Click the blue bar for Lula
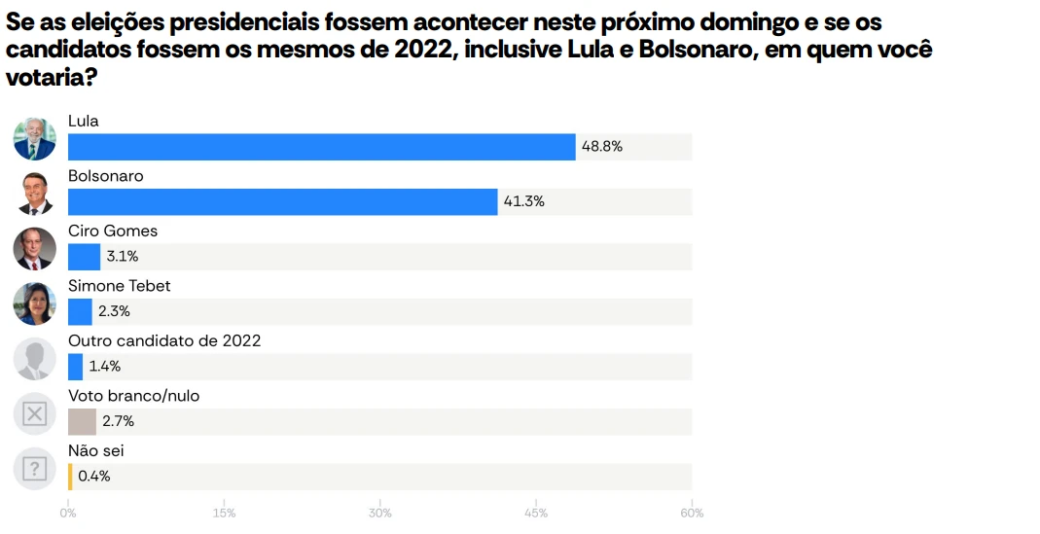(x=321, y=147)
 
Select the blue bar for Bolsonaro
(x=282, y=201)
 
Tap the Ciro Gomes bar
(x=84, y=257)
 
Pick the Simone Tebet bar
(x=80, y=311)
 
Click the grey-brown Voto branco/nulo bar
(x=82, y=421)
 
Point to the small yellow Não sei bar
(x=70, y=477)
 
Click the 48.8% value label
(x=601, y=147)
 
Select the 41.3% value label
(x=523, y=201)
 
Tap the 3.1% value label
(x=123, y=257)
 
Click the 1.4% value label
(x=104, y=367)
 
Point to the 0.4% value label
(x=94, y=477)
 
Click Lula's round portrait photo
(x=34, y=138)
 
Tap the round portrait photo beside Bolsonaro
(x=34, y=194)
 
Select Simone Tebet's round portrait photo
(x=34, y=303)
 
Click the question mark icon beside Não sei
(x=34, y=469)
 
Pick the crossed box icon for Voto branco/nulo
(x=34, y=414)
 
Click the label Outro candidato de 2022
(x=164, y=341)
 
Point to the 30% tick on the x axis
(x=379, y=514)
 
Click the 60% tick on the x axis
(x=691, y=514)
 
